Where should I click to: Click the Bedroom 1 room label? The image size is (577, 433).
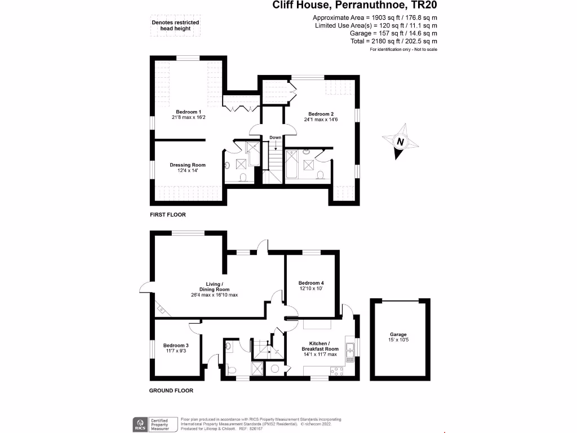tap(188, 112)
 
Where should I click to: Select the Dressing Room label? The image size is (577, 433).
tap(188, 165)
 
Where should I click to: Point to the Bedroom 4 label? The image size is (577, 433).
tap(311, 283)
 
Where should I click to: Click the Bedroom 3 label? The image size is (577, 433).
tap(176, 346)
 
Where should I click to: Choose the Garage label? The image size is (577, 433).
tap(398, 334)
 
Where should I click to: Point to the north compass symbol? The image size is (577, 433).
tap(400, 142)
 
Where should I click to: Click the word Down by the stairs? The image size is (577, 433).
tap(275, 138)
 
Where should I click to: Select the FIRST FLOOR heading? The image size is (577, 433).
tap(167, 215)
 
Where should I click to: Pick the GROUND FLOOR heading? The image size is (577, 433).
tap(171, 390)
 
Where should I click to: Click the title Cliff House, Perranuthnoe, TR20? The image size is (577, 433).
tap(355, 6)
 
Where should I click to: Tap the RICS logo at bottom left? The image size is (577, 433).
tap(139, 423)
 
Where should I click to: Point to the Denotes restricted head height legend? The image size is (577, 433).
tap(175, 26)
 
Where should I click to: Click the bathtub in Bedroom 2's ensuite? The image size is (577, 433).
tap(293, 165)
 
